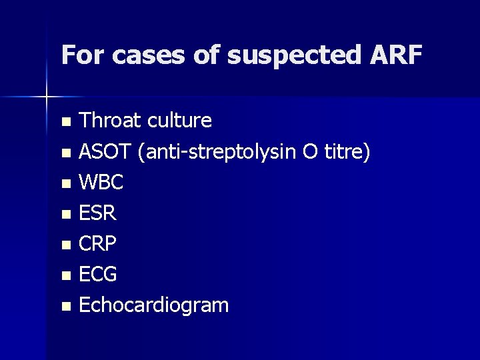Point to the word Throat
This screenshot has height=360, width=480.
pyautogui.click(x=109, y=121)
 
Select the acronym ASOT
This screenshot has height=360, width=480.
pyautogui.click(x=105, y=152)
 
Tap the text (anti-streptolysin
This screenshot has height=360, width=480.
pyautogui.click(x=212, y=153)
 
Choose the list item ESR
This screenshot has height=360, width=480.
pyautogui.click(x=97, y=213)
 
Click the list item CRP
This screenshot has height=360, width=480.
pyautogui.click(x=97, y=244)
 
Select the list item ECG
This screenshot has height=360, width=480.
pyautogui.click(x=98, y=275)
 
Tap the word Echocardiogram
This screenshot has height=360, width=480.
pyautogui.click(x=153, y=306)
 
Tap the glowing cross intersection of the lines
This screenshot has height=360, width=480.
pyautogui.click(x=47, y=97)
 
